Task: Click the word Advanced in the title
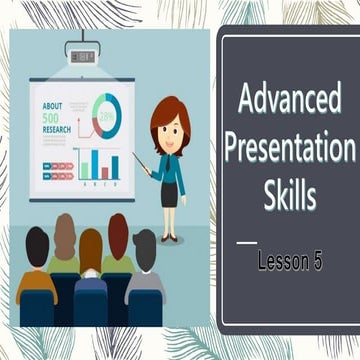click(290, 103)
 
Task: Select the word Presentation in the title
click(290, 150)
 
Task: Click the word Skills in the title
click(290, 195)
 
